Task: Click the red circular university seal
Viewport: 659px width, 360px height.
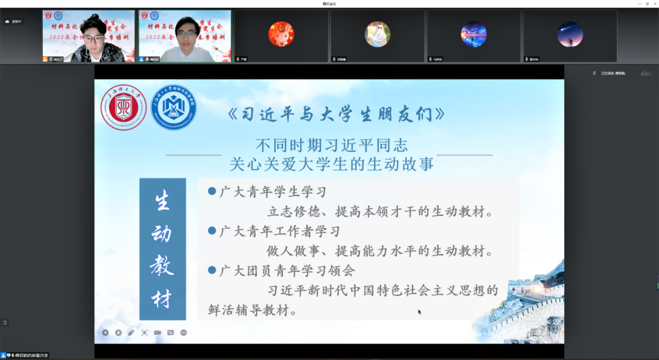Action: (x=123, y=107)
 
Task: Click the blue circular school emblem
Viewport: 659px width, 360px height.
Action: (x=174, y=107)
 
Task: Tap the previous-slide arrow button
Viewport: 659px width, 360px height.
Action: (x=105, y=333)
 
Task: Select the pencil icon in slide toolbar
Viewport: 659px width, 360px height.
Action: (x=131, y=333)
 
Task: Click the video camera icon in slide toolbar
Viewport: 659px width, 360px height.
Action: (x=157, y=333)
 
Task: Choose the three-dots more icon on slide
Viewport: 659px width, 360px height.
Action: (x=184, y=333)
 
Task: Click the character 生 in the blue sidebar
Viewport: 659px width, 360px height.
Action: (x=162, y=201)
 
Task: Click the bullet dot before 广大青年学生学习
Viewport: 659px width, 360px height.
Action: (x=212, y=191)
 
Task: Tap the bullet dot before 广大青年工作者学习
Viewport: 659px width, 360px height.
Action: (x=212, y=231)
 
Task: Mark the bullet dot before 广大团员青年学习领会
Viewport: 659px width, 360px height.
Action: (x=212, y=270)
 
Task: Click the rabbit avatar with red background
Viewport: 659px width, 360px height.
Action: (x=281, y=34)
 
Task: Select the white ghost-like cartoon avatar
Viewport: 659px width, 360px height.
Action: (x=378, y=34)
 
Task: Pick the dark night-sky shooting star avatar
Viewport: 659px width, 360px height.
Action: (x=570, y=34)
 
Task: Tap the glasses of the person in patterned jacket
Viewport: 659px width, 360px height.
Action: (x=93, y=39)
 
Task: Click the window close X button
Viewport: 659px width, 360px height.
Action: (x=654, y=4)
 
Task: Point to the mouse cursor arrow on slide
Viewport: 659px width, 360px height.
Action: (x=419, y=312)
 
